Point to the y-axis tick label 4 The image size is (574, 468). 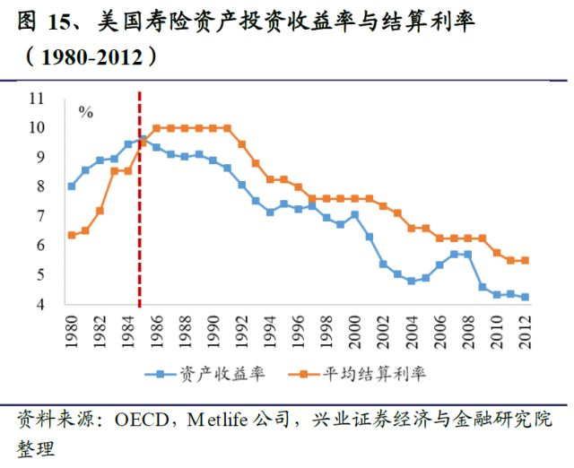(x=40, y=304)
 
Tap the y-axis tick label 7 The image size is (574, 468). (x=40, y=216)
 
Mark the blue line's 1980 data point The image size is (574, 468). (x=72, y=186)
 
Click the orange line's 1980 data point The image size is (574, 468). (x=72, y=235)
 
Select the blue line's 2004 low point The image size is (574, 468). (x=412, y=281)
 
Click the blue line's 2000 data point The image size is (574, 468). (x=354, y=214)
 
